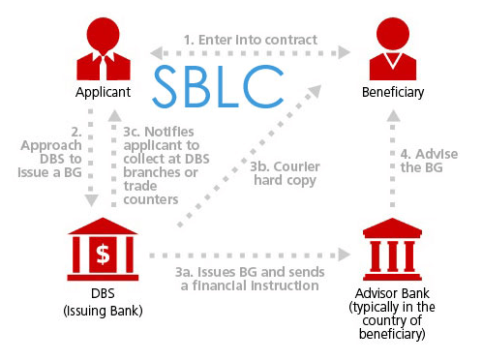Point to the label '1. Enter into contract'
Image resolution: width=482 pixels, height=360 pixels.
pos(251,40)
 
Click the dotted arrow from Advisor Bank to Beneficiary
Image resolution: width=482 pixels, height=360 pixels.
pos(393,165)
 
